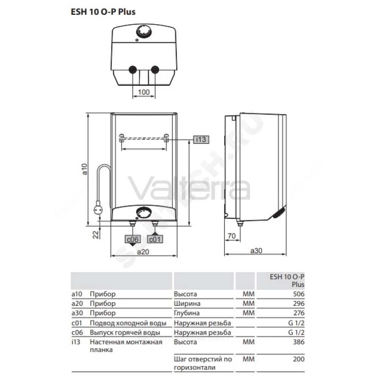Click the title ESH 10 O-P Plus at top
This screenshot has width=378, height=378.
(x=103, y=12)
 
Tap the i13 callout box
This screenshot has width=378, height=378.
(x=201, y=139)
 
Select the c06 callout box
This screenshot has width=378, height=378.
(x=133, y=239)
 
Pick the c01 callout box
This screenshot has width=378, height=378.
(x=155, y=239)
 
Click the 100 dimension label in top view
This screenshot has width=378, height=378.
(x=144, y=92)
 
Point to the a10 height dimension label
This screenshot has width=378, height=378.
(x=84, y=169)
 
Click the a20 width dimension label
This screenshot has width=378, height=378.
(x=143, y=252)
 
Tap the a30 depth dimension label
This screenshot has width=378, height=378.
(x=256, y=251)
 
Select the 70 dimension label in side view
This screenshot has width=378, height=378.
(x=232, y=235)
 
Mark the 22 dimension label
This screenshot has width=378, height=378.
(x=96, y=235)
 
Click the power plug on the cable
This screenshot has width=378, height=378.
(x=98, y=209)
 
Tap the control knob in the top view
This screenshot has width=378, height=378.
(x=144, y=32)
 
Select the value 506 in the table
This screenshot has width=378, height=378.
(x=299, y=294)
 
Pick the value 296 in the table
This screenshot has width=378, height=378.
(x=299, y=304)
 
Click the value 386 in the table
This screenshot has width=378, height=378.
(x=299, y=342)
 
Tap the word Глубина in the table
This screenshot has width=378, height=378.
(x=187, y=313)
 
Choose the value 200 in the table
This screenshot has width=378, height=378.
(x=299, y=359)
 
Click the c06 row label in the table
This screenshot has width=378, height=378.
(x=77, y=333)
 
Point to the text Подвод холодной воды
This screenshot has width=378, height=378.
(x=128, y=323)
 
